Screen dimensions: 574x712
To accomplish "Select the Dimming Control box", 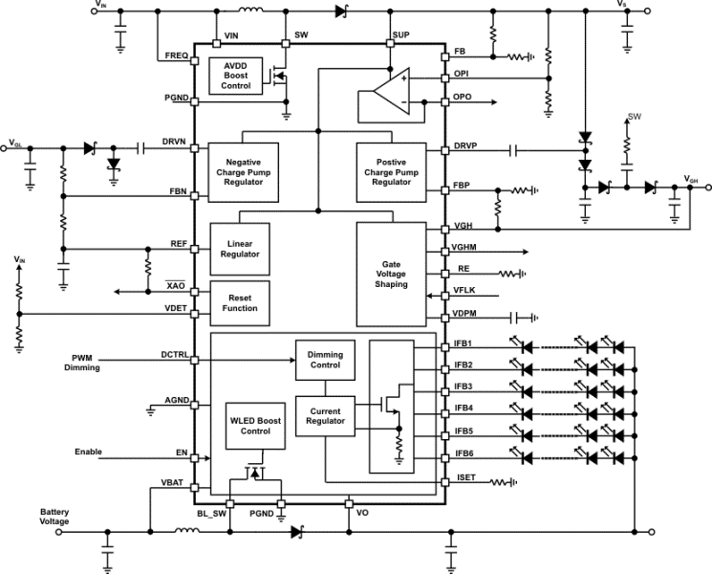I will (x=324, y=359).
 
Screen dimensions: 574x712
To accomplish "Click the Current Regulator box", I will (x=324, y=416).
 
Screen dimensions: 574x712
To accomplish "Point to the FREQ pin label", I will (x=177, y=56).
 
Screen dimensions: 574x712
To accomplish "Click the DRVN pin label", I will (x=173, y=141).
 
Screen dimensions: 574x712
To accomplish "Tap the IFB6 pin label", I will (x=465, y=453).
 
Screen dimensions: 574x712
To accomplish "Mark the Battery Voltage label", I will (x=54, y=517).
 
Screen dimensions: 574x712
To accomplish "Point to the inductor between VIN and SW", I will (x=252, y=11).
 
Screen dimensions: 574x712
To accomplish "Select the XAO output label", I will (x=175, y=286).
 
